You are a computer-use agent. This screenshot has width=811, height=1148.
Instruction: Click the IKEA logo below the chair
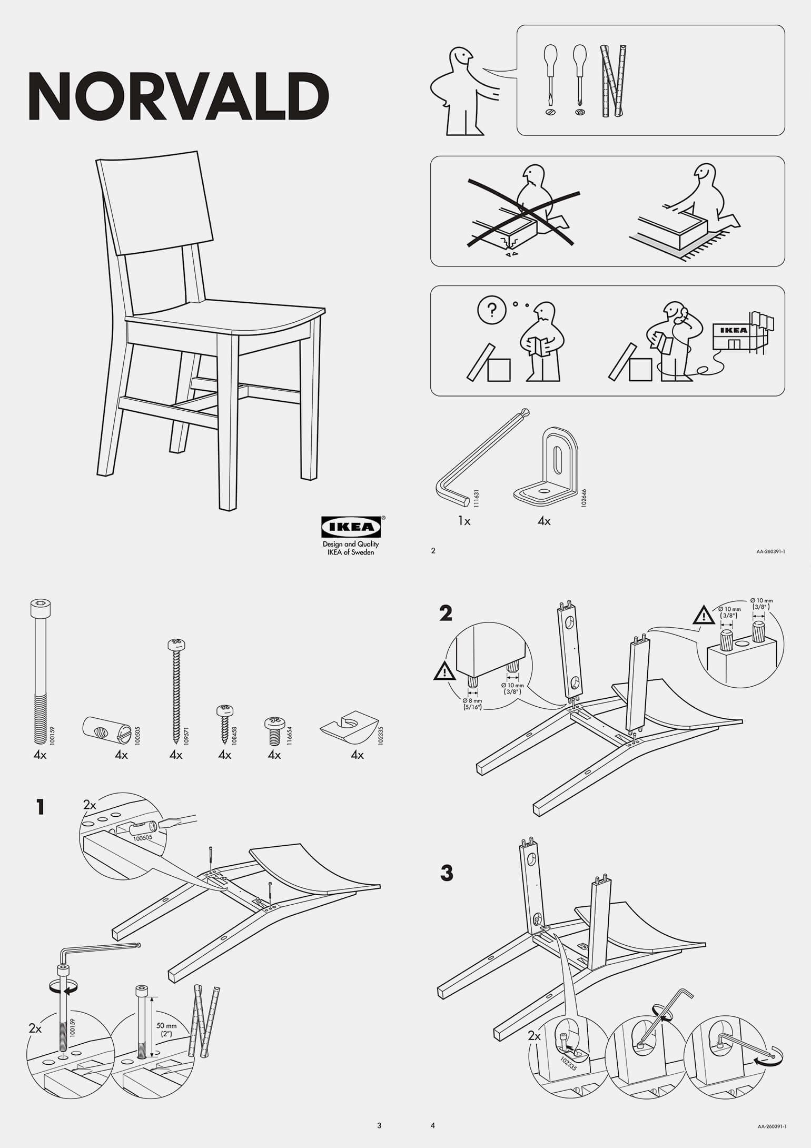[351, 527]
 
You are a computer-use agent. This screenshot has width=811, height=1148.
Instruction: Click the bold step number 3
[447, 873]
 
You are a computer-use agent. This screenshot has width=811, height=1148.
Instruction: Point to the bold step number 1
[41, 807]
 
